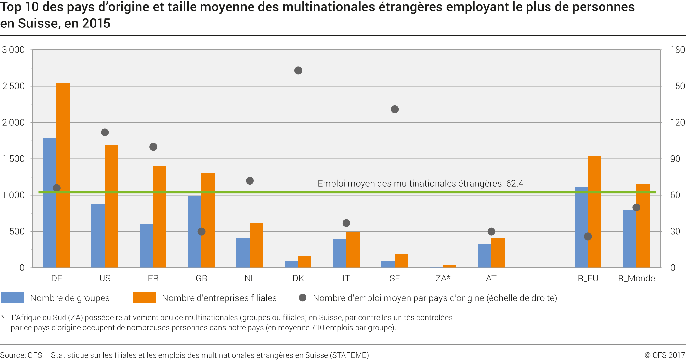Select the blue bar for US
[98, 236]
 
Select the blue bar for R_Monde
[629, 239]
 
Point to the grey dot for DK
[298, 70]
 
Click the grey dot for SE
[395, 109]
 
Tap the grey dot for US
[105, 132]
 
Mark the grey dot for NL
[250, 181]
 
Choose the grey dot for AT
[491, 232]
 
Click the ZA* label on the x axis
[443, 278]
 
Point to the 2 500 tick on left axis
[13, 86]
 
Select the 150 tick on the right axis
[677, 86]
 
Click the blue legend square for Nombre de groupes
[12, 297]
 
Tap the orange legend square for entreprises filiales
[144, 297]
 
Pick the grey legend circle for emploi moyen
[303, 297]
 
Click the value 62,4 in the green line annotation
[514, 183]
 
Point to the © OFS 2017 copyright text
[665, 355]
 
